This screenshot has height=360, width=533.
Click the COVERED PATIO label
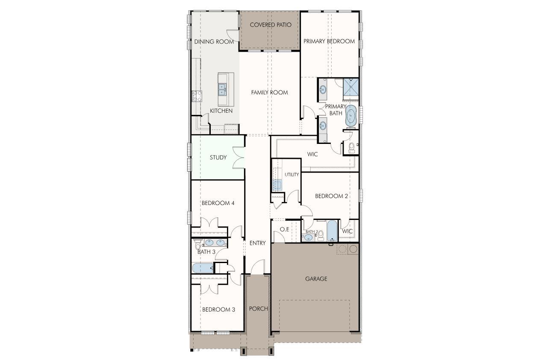point(271,25)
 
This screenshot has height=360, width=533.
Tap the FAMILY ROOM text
point(269,92)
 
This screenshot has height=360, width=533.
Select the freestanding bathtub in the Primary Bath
point(350,116)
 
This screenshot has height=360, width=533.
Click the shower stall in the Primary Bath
point(350,88)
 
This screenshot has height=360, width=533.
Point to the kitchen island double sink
point(222,89)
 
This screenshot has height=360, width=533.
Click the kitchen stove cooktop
point(197,96)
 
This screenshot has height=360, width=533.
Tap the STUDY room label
point(218,158)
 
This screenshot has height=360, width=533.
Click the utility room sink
point(277,185)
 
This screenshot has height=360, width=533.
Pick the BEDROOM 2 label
point(331,196)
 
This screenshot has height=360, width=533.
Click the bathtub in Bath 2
point(332,231)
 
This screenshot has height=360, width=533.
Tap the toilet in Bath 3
point(198,245)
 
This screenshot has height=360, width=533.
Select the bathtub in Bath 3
point(203,268)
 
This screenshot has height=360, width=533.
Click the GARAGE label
point(316,279)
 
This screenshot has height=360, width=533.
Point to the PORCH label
point(258,309)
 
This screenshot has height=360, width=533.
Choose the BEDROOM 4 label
point(218,203)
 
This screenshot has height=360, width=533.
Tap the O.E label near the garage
point(284,229)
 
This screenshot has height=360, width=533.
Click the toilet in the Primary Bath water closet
point(351,148)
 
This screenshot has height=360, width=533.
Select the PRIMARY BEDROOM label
point(329,41)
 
